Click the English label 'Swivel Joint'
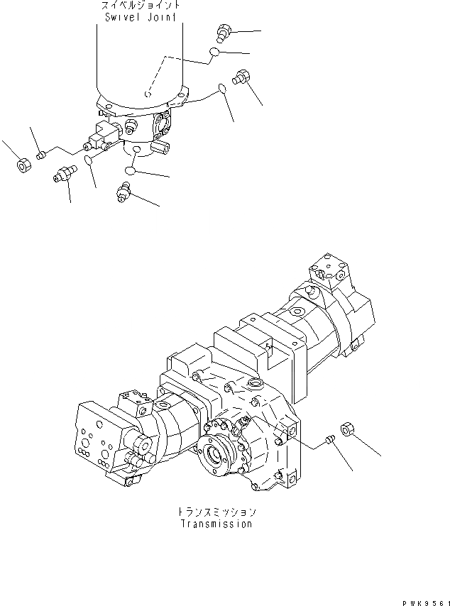pyautogui.click(x=138, y=16)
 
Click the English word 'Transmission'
pyautogui.click(x=215, y=524)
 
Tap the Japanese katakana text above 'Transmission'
pyautogui.click(x=215, y=512)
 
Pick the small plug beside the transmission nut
pyautogui.click(x=329, y=441)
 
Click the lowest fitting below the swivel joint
pyautogui.click(x=124, y=191)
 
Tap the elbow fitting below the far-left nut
pyautogui.click(x=64, y=173)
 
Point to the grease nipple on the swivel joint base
pyautogui.click(x=131, y=126)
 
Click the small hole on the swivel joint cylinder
pyautogui.click(x=147, y=94)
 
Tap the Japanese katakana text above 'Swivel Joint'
pyautogui.click(x=138, y=5)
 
